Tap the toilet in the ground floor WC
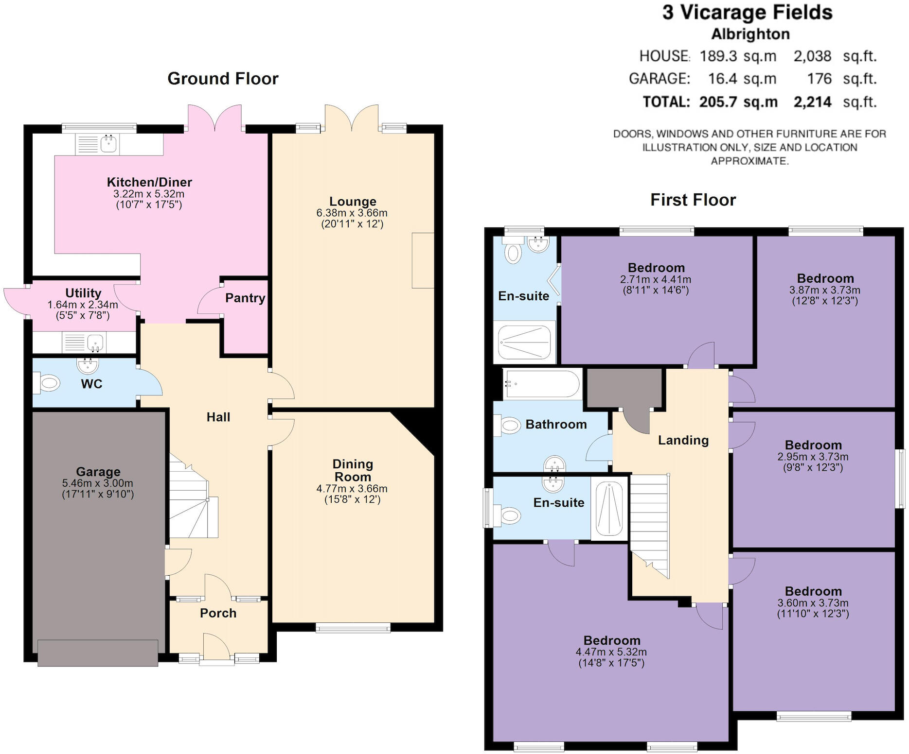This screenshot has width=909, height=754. [47, 383]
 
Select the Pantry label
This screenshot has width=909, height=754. [245, 298]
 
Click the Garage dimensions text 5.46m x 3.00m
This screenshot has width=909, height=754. [98, 483]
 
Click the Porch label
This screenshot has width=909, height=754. [218, 613]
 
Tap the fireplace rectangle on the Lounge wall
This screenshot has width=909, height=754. [422, 260]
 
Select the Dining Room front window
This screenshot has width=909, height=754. [353, 628]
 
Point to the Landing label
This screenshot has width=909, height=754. [683, 440]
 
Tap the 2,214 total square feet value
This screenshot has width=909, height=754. [812, 102]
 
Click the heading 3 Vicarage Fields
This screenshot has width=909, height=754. [748, 13]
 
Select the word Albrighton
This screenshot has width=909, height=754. [750, 34]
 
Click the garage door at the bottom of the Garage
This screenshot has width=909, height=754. [98, 652]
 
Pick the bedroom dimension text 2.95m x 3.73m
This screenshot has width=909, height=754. [813, 457]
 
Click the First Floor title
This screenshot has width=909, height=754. [693, 200]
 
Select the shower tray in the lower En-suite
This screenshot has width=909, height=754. [609, 508]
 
